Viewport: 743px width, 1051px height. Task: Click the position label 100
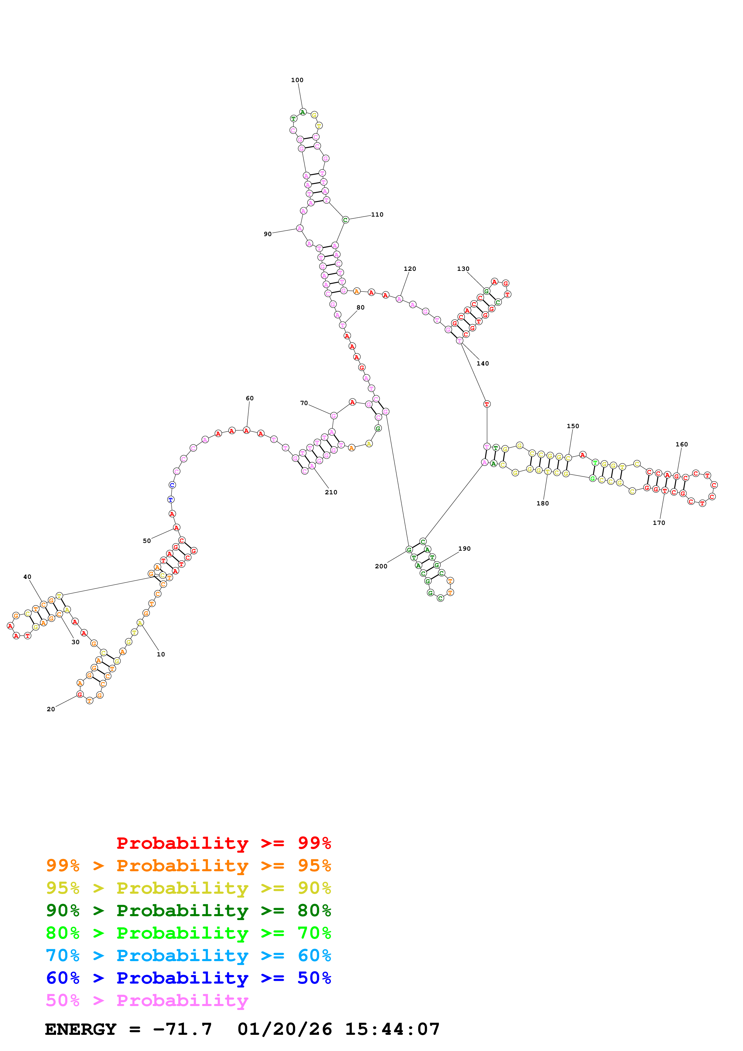click(297, 80)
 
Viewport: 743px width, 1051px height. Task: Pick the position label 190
click(464, 548)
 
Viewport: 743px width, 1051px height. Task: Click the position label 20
click(51, 709)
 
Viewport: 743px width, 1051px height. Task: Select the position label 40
click(28, 577)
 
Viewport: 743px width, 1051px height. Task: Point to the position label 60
click(249, 398)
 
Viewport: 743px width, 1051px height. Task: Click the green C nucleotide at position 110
click(346, 220)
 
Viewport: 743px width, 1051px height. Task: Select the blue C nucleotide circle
click(172, 485)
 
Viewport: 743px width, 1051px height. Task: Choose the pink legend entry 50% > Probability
click(147, 1001)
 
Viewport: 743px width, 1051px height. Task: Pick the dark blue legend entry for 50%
click(188, 978)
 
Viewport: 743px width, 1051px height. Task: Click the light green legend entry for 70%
click(188, 933)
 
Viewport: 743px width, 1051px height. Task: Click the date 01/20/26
click(284, 1029)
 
